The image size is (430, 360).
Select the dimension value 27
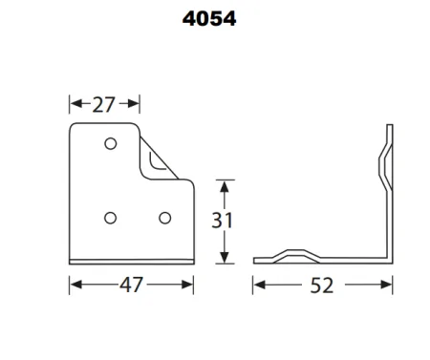coord(104,103)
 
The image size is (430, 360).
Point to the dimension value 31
coord(222,222)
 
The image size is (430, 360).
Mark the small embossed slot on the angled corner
coord(161,163)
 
